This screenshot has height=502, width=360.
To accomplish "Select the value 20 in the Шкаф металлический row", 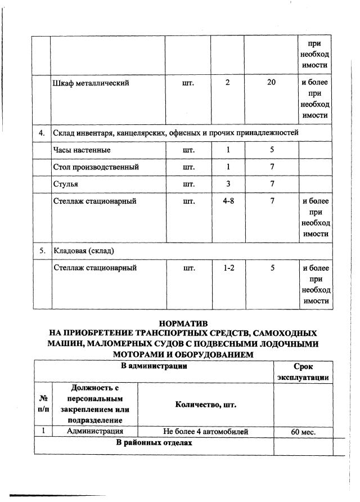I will [272, 83].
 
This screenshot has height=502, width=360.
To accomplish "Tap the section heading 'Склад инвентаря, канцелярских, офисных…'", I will [175, 133].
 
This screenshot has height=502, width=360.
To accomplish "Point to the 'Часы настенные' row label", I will [82, 150].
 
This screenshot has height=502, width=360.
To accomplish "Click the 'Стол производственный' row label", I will [96, 167].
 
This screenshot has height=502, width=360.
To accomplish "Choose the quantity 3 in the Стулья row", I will [228, 184].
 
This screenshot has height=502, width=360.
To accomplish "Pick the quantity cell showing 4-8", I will [228, 201].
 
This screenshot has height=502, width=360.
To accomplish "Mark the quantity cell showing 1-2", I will [228, 268].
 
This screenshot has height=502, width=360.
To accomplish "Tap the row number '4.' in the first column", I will [42, 133].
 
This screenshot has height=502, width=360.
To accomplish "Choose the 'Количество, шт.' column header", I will [206, 404].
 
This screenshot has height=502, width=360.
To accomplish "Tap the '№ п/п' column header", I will [42, 404].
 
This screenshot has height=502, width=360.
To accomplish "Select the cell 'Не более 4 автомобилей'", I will [206, 432].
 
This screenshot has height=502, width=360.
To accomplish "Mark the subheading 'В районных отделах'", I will [154, 443].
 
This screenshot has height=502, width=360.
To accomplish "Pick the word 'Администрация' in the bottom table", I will [94, 432].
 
